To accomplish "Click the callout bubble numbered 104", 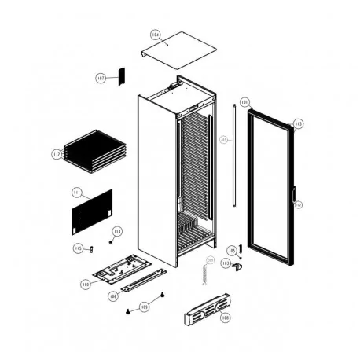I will [154, 35].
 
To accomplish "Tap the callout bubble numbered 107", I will [101, 78].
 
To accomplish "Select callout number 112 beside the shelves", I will [57, 154].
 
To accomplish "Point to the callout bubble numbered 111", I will [77, 191].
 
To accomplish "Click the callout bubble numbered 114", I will [117, 231].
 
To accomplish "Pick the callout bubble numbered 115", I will [78, 248].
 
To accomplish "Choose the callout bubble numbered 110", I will [86, 283].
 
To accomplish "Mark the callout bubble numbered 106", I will [113, 296].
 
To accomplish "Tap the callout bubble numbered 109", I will [144, 307].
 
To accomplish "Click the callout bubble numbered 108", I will [225, 318].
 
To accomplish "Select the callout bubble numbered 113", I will [298, 123].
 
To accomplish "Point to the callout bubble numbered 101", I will [244, 102].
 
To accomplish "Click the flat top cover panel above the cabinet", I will [178, 50].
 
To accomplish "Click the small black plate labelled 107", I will [122, 75].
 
